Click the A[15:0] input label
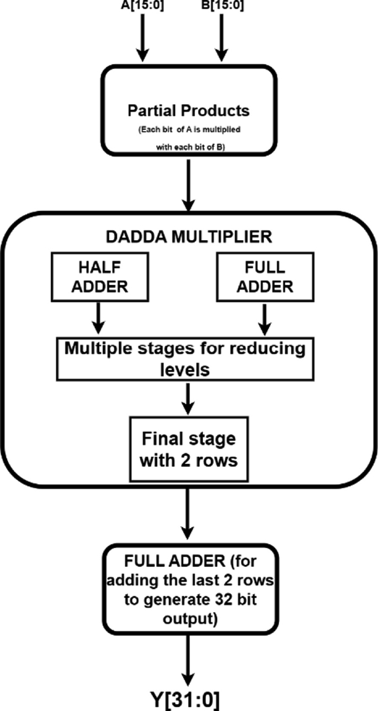[142, 7]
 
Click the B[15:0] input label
[220, 7]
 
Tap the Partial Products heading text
[189, 110]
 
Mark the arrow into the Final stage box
[189, 399]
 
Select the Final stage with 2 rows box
[189, 449]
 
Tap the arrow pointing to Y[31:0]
[189, 657]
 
